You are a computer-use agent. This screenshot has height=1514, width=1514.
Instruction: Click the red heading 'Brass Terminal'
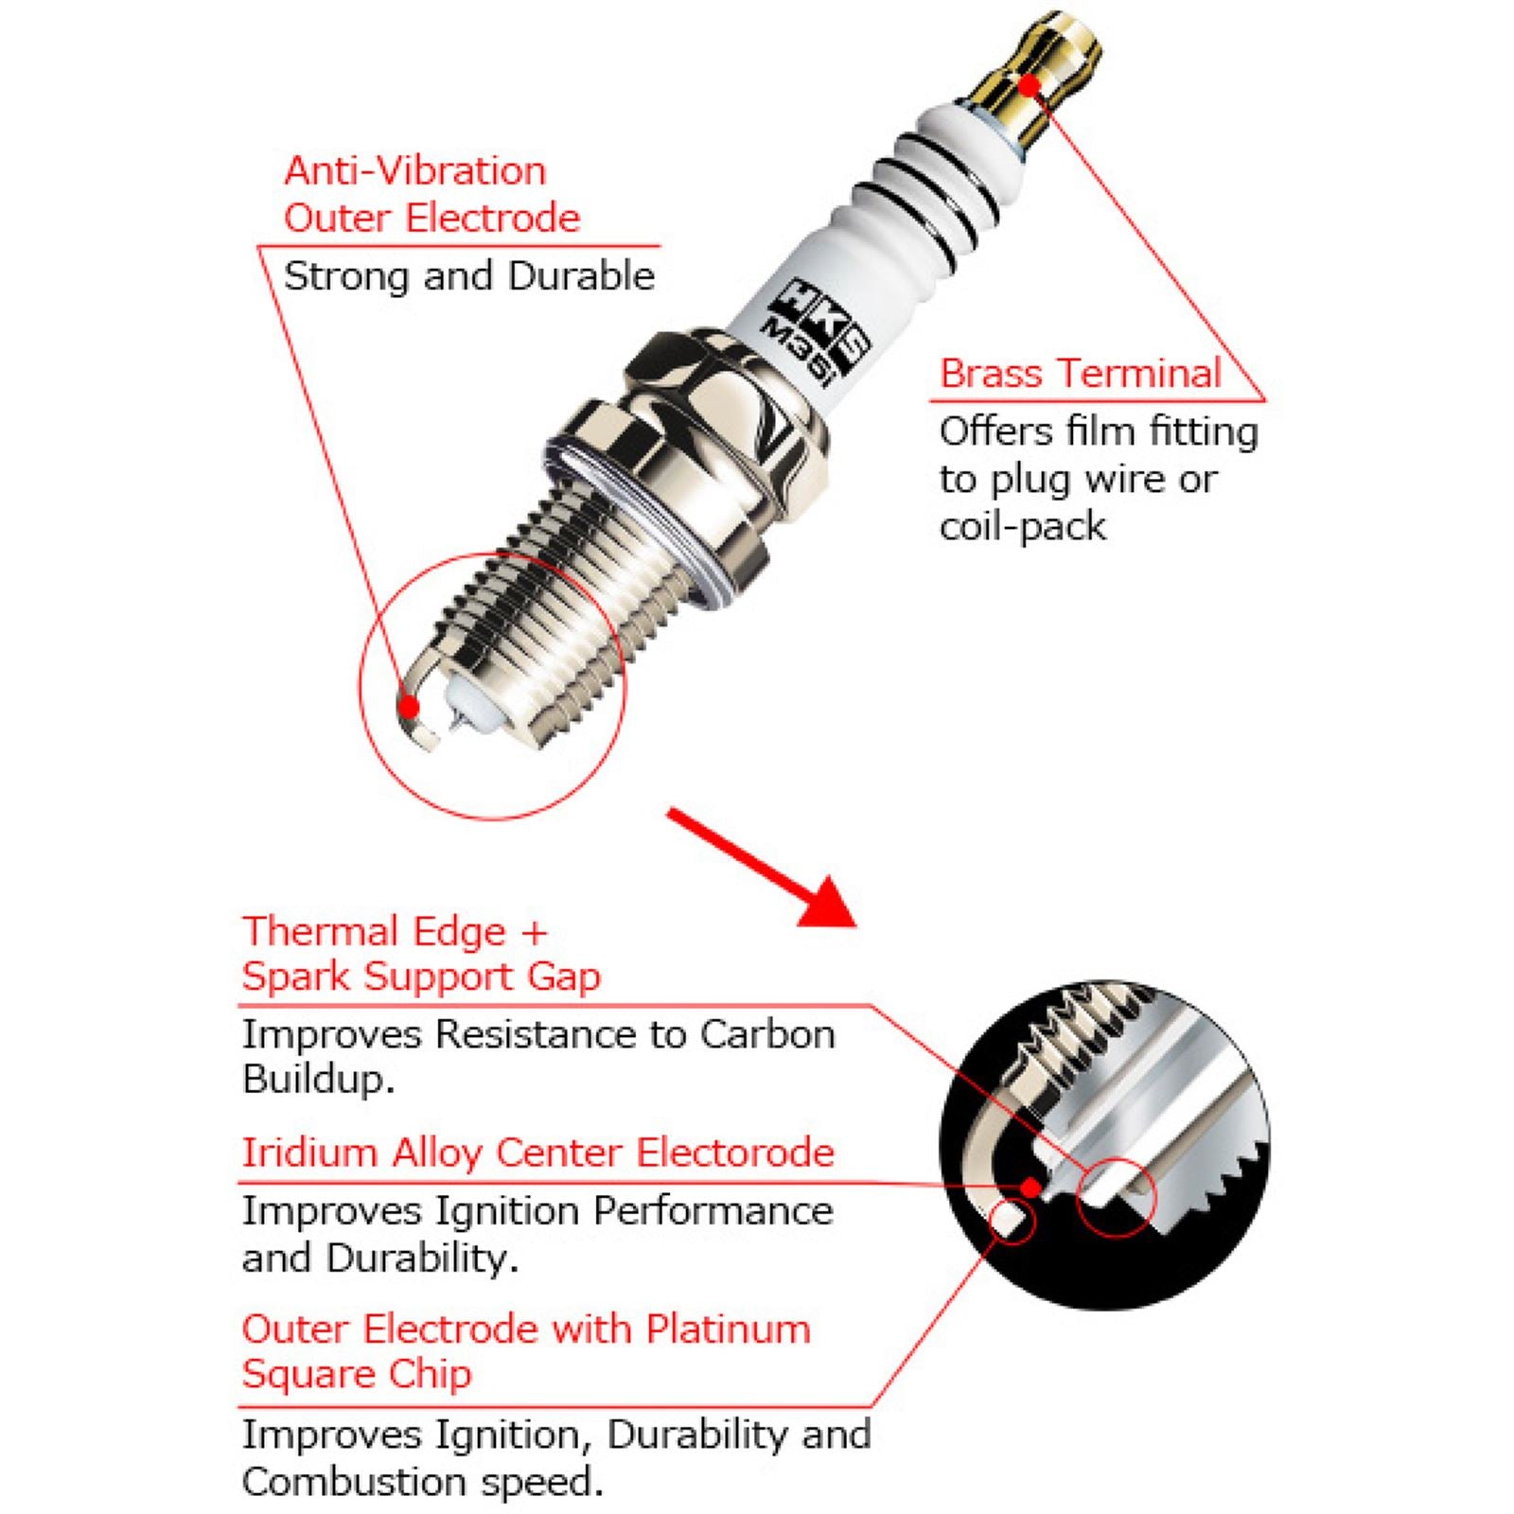pyautogui.click(x=1081, y=373)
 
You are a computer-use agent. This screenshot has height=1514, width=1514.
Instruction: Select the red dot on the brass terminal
pyautogui.click(x=1030, y=85)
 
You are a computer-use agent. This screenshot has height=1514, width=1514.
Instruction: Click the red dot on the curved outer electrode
pyautogui.click(x=409, y=706)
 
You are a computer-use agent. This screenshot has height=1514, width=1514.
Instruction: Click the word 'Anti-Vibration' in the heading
pyautogui.click(x=414, y=171)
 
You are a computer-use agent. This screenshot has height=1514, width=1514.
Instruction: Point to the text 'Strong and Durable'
pyautogui.click(x=468, y=276)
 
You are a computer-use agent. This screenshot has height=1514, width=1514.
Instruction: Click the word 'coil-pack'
pyautogui.click(x=1022, y=526)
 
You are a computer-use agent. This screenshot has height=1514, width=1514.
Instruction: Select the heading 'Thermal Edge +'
pyautogui.click(x=395, y=931)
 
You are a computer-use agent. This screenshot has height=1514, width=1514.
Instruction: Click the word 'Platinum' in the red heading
pyautogui.click(x=728, y=1329)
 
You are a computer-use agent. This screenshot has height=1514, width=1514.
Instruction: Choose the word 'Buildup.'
pyautogui.click(x=318, y=1079)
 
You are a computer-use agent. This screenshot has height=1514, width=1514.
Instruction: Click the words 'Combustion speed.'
pyautogui.click(x=422, y=1481)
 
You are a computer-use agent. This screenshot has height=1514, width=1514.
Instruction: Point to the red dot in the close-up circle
pyautogui.click(x=1032, y=1186)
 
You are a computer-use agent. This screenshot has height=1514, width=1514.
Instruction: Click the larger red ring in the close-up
pyautogui.click(x=1117, y=1196)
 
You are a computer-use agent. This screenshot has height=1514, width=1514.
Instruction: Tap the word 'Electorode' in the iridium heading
pyautogui.click(x=734, y=1153)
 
